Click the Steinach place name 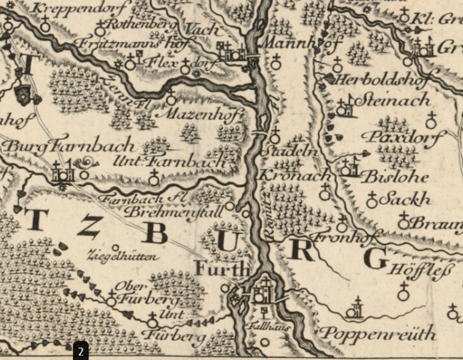tap(393, 100)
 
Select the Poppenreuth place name tap(378, 334)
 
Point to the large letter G tap(375, 259)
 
